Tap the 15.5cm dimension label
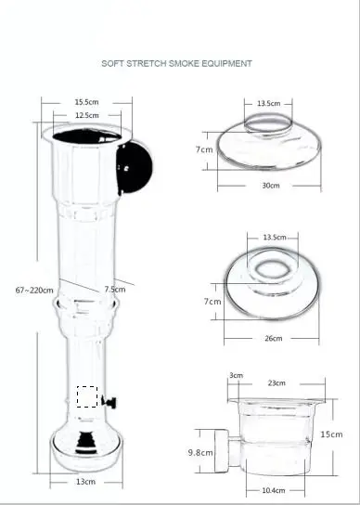pos(87,101)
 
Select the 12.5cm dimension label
pos(87,114)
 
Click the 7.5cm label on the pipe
pos(114,289)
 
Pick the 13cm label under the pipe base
pos(86,481)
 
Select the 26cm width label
pos(272,338)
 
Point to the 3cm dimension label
pos(236,375)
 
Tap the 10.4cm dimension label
pos(272,488)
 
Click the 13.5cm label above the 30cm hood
pos(268,103)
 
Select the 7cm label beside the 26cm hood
pos(213,302)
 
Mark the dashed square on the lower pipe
pos(87,396)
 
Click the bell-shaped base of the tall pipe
pos(86,448)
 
